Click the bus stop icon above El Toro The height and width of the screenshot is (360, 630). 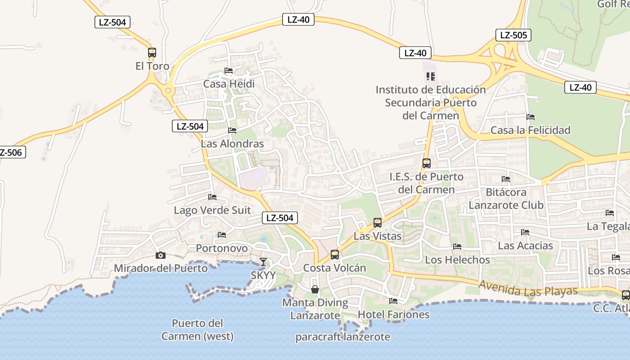point(152,52)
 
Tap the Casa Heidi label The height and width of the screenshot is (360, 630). point(229,84)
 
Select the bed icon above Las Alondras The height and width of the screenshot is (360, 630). point(232,130)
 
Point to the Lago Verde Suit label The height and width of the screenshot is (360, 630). point(212,210)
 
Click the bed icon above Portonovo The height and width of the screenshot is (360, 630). point(222,234)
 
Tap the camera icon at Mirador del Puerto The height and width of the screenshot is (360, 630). point(160,255)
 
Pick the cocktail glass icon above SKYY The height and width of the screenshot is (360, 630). point(263,261)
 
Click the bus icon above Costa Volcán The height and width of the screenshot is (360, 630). point(335,254)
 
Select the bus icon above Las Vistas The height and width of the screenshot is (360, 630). point(378,222)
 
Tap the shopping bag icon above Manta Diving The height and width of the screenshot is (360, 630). point(315,289)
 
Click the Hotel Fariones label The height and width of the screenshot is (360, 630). point(394,314)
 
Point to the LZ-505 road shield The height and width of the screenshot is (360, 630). point(513,35)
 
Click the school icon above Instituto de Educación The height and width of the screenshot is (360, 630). point(431,76)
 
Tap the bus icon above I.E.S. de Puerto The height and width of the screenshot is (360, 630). point(427,163)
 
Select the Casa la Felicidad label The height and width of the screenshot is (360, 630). point(531,130)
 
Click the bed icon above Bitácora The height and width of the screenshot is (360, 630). point(506,179)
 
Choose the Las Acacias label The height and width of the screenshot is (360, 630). point(525,245)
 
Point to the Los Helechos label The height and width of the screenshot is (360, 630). point(457,260)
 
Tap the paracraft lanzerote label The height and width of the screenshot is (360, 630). point(343,337)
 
